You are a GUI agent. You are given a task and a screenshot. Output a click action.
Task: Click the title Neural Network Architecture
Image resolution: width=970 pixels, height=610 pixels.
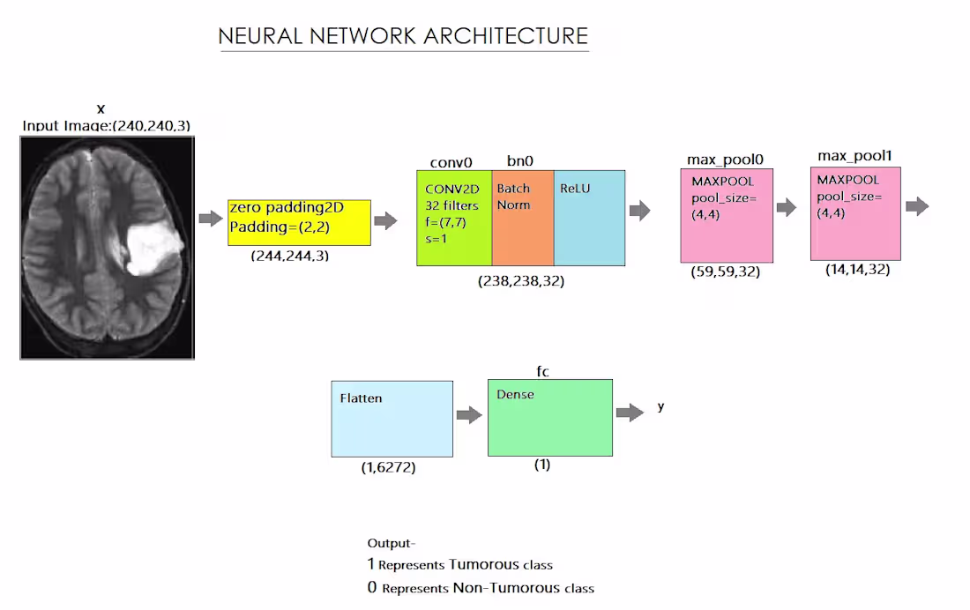coord(403,36)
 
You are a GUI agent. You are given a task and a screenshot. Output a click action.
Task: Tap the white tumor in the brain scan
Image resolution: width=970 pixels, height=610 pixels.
coord(152,247)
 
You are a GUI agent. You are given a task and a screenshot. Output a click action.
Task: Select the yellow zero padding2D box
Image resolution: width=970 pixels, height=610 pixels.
coord(299,222)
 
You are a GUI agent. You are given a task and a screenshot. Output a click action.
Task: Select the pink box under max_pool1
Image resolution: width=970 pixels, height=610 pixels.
coord(855,213)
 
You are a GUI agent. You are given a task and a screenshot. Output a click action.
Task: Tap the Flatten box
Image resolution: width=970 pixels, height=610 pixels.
coord(392,419)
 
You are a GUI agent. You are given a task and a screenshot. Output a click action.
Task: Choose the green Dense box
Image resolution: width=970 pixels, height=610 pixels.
coord(549,418)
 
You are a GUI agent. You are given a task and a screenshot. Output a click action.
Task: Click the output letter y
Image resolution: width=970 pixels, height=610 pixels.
coord(661,407)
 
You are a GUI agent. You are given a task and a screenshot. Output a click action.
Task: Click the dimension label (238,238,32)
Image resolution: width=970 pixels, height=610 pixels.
coord(521,281)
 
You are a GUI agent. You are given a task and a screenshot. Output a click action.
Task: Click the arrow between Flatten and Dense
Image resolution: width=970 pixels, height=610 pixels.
coord(469,414)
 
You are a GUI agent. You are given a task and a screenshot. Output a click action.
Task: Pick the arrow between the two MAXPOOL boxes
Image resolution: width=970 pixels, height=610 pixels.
coord(786,208)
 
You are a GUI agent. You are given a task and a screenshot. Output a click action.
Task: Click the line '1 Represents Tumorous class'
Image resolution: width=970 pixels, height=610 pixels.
coord(459,564)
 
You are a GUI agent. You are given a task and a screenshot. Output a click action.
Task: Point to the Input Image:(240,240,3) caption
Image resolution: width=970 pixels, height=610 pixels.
coord(106,125)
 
